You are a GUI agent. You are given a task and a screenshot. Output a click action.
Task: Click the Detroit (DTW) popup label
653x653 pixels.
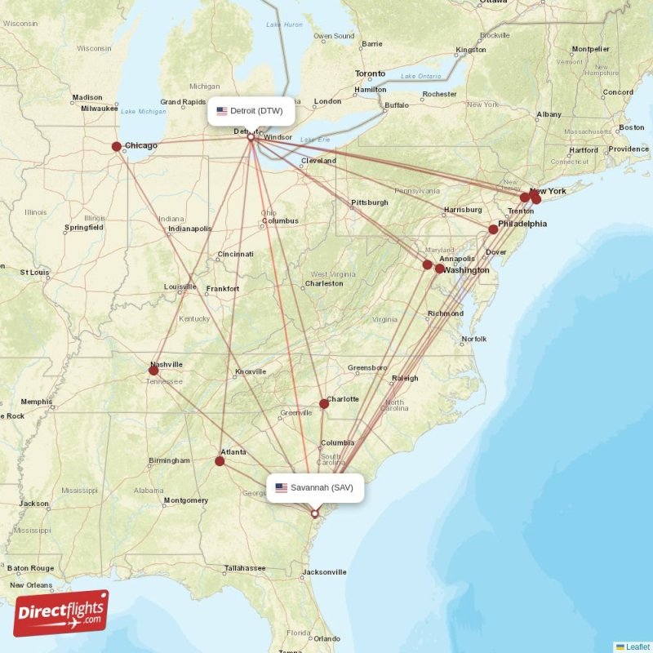click(x=251, y=111)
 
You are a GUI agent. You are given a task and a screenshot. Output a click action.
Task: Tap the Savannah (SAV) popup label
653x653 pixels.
click(x=314, y=488)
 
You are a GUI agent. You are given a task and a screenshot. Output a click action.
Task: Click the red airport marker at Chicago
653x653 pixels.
click(x=117, y=147)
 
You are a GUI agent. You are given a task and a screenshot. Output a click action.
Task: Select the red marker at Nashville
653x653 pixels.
click(x=153, y=371)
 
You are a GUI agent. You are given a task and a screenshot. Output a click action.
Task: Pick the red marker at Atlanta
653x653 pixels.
click(x=220, y=461)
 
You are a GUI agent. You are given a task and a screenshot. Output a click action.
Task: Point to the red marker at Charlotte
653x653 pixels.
click(x=324, y=403)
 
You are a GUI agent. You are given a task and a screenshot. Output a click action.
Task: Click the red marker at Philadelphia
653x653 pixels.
click(x=493, y=229)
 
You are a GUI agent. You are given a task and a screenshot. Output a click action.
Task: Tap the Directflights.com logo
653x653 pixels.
click(x=61, y=613)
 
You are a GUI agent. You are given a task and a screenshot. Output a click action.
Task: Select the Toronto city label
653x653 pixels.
click(x=370, y=74)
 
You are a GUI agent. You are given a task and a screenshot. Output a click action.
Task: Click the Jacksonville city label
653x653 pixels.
click(x=323, y=572)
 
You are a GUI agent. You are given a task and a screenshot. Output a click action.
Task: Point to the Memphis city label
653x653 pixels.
click(x=37, y=402)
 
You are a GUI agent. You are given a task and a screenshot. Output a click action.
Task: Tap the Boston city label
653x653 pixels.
click(x=631, y=128)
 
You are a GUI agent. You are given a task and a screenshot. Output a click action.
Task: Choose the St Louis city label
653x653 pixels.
click(x=35, y=272)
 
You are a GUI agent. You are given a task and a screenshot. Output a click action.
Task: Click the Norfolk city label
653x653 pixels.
click(x=474, y=339)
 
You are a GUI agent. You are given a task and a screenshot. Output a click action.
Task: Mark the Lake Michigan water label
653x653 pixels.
click(x=142, y=111)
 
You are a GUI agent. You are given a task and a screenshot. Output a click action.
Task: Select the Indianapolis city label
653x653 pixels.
click(x=189, y=229)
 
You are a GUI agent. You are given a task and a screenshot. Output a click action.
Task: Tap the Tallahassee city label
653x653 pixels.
click(x=245, y=568)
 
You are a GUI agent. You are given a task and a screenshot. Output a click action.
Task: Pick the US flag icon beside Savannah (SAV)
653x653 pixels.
click(x=281, y=488)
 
